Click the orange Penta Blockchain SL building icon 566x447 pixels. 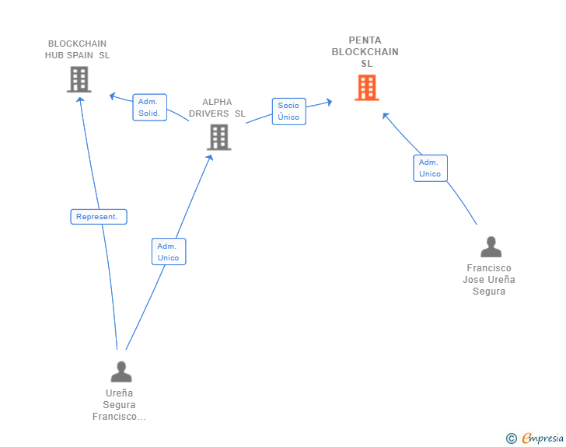coord(366,88)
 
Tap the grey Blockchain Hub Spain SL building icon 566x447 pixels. coord(79,79)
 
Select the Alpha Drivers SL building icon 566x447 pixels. coord(219,138)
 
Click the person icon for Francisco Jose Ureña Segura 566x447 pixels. coord(491,247)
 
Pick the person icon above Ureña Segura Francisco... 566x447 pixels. coord(121,372)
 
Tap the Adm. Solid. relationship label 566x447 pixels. coord(149,107)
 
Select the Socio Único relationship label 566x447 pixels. coord(288,111)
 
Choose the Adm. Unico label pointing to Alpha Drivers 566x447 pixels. coord(168,251)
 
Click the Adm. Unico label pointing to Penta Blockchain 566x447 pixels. coord(430,168)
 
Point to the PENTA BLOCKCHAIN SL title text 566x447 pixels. coord(365,52)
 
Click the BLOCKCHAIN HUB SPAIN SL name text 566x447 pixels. coord(77,50)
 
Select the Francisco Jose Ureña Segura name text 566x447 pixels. coord(489,280)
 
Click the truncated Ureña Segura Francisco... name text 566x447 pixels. coord(119,405)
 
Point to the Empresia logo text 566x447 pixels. coord(543,438)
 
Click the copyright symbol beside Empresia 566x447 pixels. coord(511,438)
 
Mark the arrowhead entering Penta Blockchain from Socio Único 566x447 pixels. coord(330,101)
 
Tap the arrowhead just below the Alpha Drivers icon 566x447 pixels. coord(210,156)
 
